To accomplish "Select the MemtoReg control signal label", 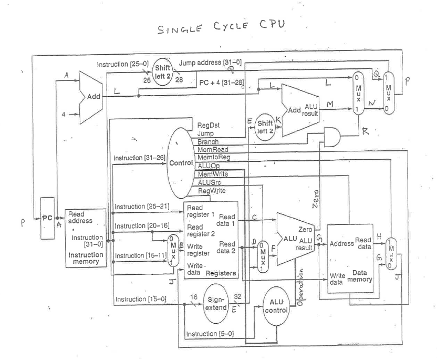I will pos(211,157).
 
